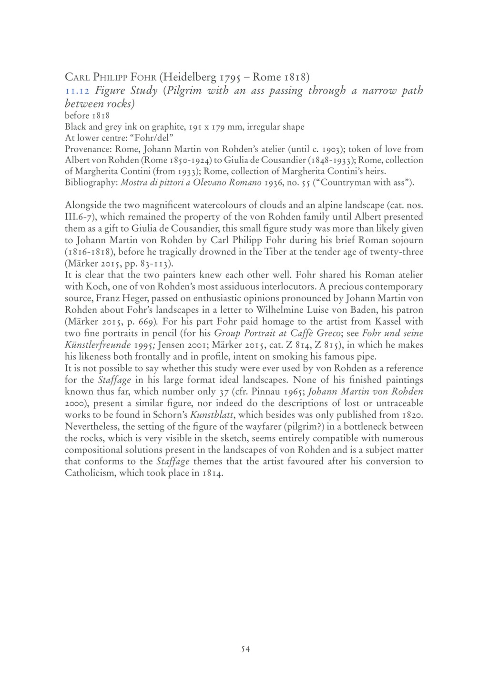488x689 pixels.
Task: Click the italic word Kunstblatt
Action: point(211,415)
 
